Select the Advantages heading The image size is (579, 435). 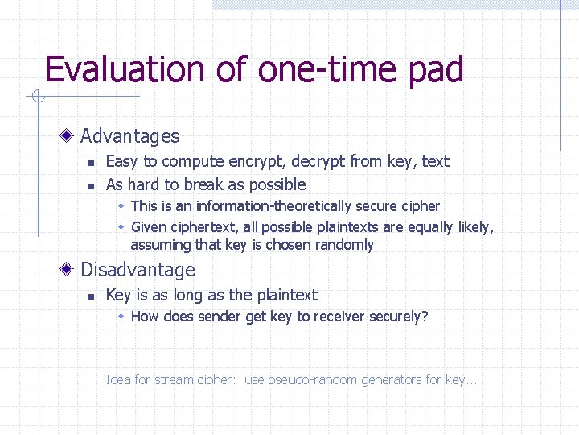[x=129, y=136]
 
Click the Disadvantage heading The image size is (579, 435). [x=138, y=270]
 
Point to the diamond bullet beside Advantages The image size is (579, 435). [x=71, y=136]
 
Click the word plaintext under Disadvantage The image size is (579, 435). [x=286, y=295]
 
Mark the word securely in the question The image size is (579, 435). [x=396, y=317]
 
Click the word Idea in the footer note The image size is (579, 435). [x=118, y=379]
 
